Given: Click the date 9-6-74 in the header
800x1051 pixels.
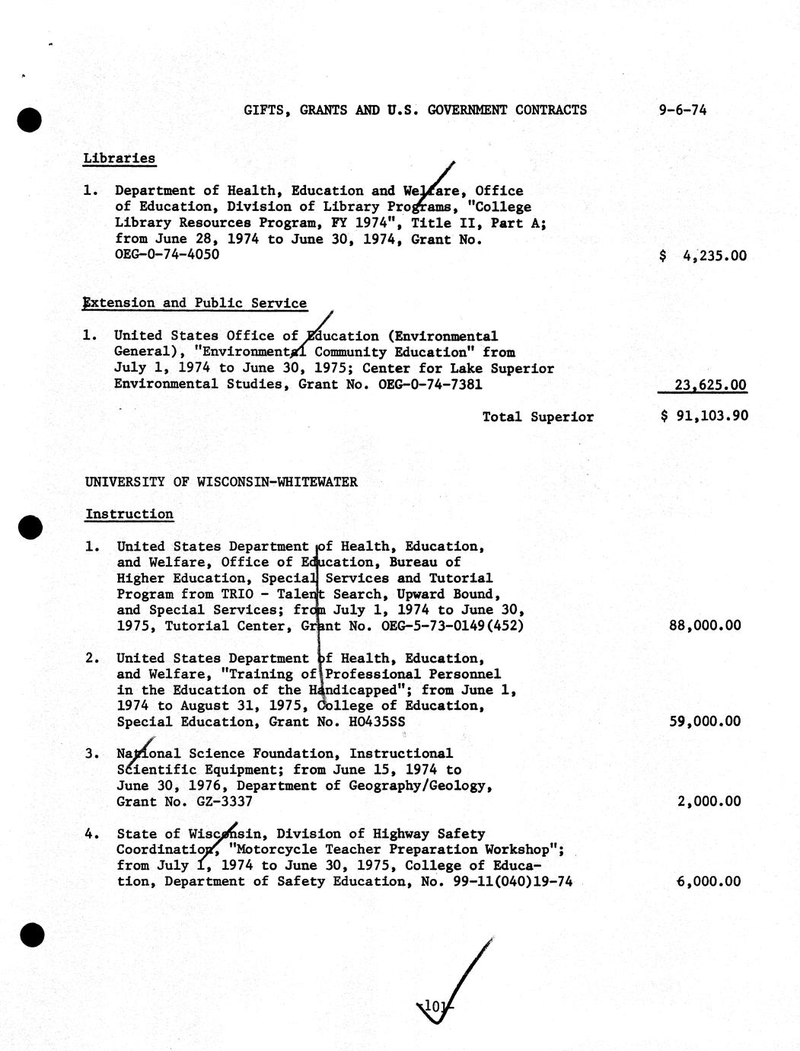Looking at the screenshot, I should point(683,110).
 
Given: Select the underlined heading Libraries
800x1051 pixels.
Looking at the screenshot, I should point(120,158).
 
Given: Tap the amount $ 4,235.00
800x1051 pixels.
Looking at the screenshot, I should point(703,256).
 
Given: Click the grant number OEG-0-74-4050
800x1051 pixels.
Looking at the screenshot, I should point(167,254).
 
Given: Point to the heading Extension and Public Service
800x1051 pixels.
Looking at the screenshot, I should point(196,303).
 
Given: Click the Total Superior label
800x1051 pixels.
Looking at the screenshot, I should point(538,417).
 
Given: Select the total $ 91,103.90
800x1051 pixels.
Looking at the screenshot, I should point(704,417).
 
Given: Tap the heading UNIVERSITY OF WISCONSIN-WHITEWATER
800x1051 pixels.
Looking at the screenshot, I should point(221,481).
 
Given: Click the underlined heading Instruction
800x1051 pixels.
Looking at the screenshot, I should point(129,514).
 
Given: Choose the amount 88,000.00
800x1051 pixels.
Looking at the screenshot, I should point(704,625).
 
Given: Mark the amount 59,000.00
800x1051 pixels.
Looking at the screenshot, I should point(704,721).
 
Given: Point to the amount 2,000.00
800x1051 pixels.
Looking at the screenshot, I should point(709,801).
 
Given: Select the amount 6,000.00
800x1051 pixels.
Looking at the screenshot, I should point(709,881).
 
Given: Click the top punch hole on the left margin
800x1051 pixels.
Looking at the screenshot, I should point(29,120).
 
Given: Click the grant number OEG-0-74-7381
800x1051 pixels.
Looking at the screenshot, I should point(430,384).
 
